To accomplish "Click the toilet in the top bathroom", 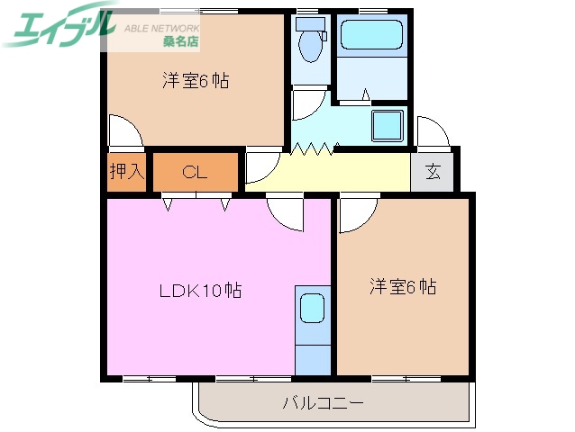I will pyautogui.click(x=311, y=43).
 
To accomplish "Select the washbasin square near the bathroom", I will pyautogui.click(x=388, y=127).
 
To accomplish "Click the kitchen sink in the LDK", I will pyautogui.click(x=313, y=308).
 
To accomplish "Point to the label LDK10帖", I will pyautogui.click(x=200, y=291).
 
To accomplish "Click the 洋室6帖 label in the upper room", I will pyautogui.click(x=195, y=81).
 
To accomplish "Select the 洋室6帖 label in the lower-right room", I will pyautogui.click(x=403, y=287).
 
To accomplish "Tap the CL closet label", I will pyautogui.click(x=196, y=172).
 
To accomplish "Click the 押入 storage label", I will pyautogui.click(x=126, y=171).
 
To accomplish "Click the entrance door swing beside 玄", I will pyautogui.click(x=434, y=132).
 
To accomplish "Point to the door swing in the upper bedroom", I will pyautogui.click(x=125, y=133).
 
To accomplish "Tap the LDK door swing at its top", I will pyautogui.click(x=287, y=212).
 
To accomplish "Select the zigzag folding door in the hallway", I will pyautogui.click(x=315, y=148).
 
